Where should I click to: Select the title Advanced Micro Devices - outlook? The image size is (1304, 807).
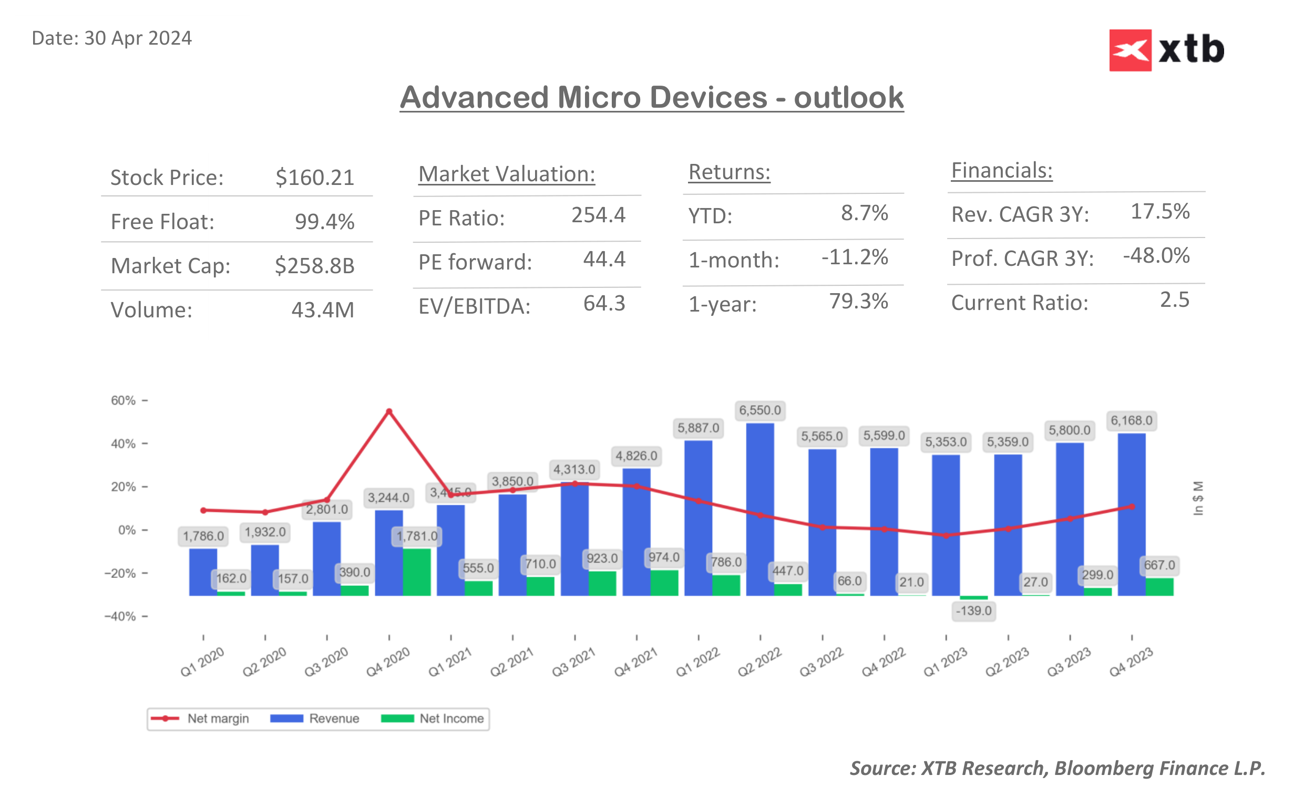(651, 98)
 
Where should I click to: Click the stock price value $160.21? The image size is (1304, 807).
(314, 178)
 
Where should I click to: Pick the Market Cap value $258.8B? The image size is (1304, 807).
(314, 266)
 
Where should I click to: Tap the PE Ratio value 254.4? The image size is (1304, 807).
(598, 215)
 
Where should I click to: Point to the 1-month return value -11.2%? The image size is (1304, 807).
(854, 257)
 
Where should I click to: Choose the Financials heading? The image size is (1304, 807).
(1001, 171)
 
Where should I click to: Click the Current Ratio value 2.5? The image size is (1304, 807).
(1174, 300)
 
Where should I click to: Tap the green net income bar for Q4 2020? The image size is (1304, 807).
(416, 572)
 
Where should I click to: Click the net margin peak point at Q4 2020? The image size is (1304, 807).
(389, 411)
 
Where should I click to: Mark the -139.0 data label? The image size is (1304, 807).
(973, 611)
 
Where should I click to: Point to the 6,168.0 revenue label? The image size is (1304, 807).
(1131, 421)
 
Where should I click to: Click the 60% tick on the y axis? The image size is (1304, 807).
(124, 400)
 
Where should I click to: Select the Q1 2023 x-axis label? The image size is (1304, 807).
(946, 662)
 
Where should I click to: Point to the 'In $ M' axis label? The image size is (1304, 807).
(1198, 498)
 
